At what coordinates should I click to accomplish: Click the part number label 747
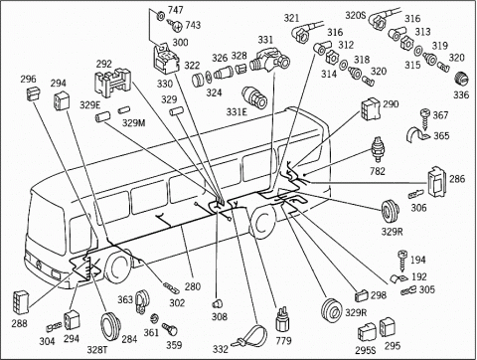(x=176, y=10)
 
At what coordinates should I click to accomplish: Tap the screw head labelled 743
(x=177, y=25)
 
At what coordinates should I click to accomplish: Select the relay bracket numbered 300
(x=166, y=59)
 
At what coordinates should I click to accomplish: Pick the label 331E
(x=237, y=112)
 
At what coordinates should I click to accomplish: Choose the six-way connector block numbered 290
(x=371, y=108)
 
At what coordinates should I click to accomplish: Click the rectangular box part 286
(x=436, y=182)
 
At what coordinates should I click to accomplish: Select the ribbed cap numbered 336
(x=461, y=80)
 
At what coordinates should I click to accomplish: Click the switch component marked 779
(x=282, y=319)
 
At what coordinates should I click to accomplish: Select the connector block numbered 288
(x=22, y=301)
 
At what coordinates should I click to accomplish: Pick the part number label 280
(x=193, y=286)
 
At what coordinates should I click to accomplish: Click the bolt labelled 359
(x=170, y=329)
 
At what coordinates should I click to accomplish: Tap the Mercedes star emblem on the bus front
(x=37, y=266)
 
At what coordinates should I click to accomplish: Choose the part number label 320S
(x=356, y=15)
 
